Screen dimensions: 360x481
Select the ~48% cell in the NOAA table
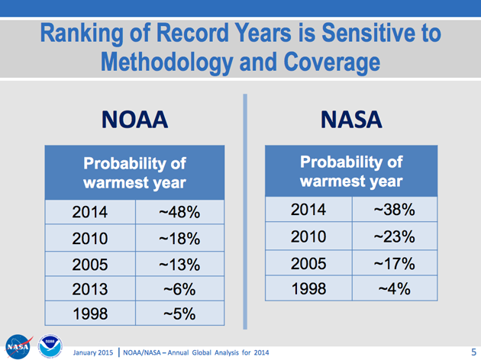pos(179,212)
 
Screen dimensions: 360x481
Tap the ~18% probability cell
pos(179,239)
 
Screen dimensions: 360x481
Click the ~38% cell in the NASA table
pos(394,209)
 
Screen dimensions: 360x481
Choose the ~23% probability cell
pos(394,236)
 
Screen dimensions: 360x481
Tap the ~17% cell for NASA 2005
pos(394,264)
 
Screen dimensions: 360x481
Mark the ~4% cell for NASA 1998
pos(394,289)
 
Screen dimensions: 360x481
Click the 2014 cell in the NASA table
pos(308,209)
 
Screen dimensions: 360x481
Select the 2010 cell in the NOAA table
pos(90,239)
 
